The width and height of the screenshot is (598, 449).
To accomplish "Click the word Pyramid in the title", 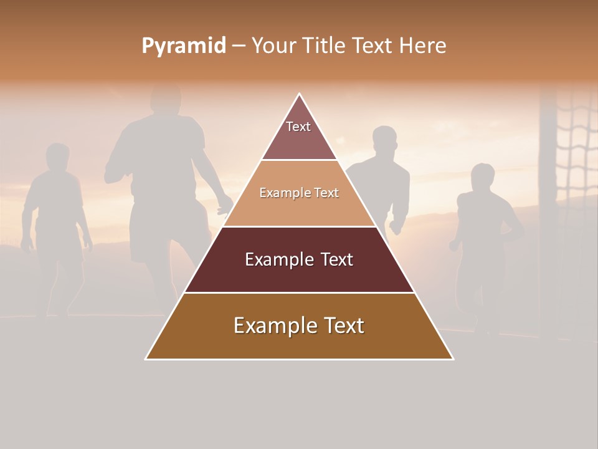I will [183, 46].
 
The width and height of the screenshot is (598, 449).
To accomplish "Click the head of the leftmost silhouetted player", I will [58, 157].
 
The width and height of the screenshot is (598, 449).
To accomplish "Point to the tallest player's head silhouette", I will [166, 100].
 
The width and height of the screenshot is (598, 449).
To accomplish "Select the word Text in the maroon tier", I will [332, 259].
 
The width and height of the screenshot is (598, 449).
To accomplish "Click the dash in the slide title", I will [239, 46].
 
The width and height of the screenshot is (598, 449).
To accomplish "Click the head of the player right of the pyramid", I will [384, 140].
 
